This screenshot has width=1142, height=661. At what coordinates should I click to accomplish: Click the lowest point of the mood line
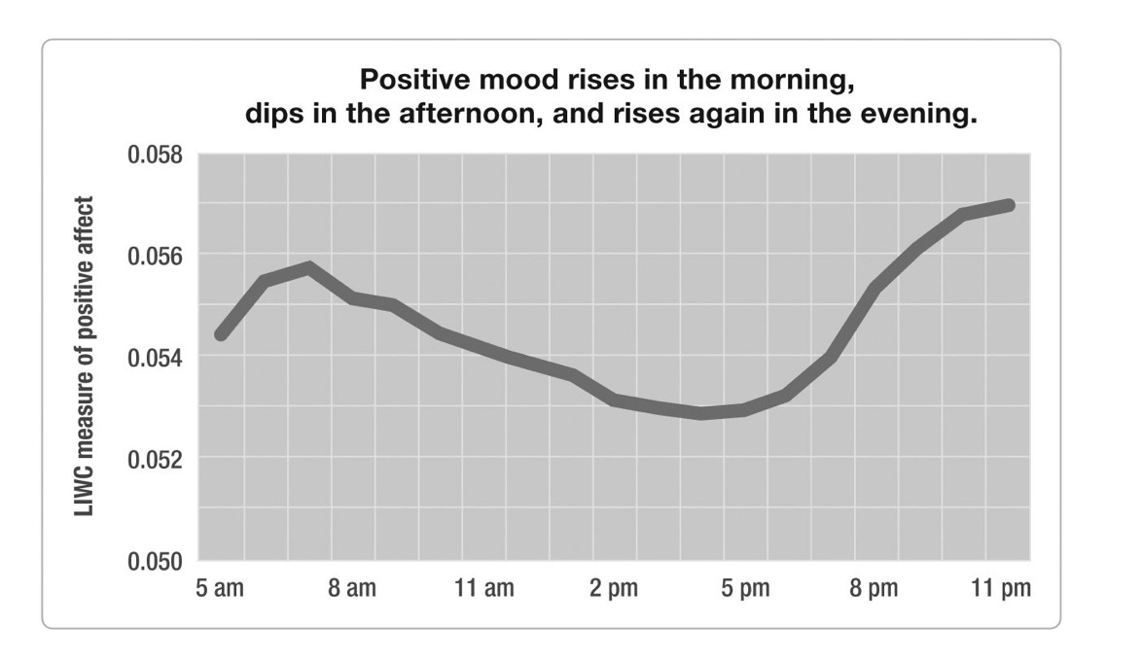coord(701,413)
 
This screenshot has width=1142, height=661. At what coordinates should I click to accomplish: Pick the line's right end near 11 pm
coord(1009,205)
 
